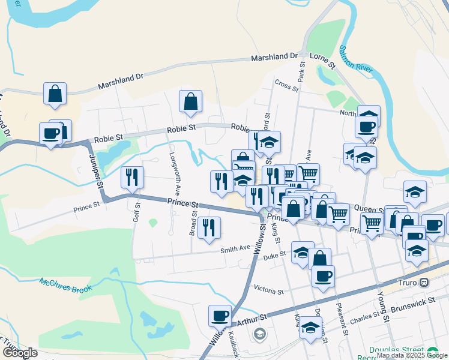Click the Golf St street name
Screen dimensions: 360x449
[136, 212]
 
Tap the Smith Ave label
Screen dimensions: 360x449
[235, 248]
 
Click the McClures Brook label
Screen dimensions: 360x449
[66, 286]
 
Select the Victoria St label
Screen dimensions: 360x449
[268, 291]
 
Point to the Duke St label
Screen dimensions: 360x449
[274, 256]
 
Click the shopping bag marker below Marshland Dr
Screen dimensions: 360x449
[55, 94]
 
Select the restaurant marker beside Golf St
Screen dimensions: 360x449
[132, 177]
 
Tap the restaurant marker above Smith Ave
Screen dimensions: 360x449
[209, 227]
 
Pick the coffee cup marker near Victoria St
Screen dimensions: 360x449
[323, 276]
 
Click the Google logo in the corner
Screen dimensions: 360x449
[20, 353]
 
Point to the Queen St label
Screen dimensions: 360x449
[369, 208]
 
